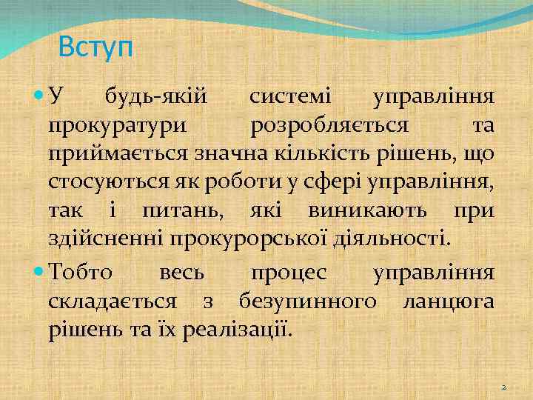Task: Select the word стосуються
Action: click(110, 181)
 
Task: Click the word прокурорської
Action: click(253, 238)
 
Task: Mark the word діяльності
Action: click(395, 238)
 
